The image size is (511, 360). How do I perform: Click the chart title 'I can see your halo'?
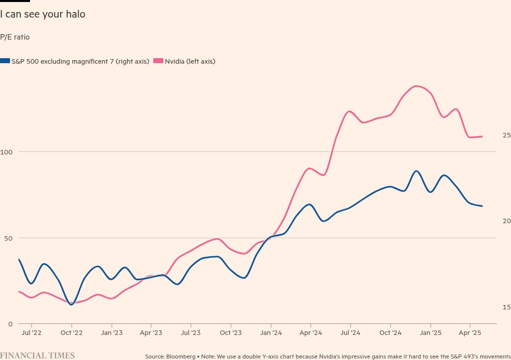[43, 15]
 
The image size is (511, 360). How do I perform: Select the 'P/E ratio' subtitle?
[15, 37]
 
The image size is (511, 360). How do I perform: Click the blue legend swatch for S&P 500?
[5, 61]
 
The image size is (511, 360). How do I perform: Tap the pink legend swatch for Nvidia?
[158, 61]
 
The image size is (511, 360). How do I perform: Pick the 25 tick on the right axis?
[506, 135]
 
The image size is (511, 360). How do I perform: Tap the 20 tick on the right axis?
[506, 221]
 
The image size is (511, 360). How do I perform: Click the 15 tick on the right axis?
[506, 307]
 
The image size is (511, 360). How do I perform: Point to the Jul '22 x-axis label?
[31, 332]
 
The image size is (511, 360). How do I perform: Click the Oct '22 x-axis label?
[71, 332]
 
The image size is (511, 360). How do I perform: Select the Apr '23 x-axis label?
[151, 332]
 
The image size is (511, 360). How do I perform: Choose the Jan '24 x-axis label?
[271, 332]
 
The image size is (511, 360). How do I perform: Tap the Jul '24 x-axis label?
[350, 332]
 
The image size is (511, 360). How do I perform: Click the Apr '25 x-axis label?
[470, 332]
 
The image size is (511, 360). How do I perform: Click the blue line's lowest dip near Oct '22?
[71, 304]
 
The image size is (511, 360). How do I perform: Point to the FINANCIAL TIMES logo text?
[37, 356]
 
